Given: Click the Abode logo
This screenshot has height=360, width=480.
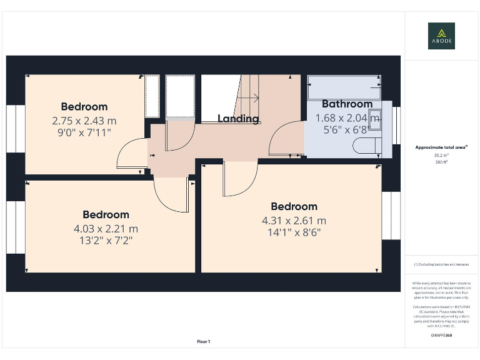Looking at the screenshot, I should [x=441, y=36].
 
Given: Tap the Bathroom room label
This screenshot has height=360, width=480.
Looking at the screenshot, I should [x=347, y=104].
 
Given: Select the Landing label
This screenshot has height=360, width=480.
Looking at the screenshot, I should [x=238, y=119].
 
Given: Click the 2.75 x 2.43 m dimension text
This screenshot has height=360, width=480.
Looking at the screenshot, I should [x=84, y=121].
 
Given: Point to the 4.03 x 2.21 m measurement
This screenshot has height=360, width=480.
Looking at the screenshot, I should [x=106, y=229].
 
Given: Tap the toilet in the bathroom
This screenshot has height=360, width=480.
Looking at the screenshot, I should [x=366, y=146].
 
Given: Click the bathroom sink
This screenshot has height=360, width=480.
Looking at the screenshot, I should [x=374, y=117].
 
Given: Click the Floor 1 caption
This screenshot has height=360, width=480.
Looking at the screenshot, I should [x=204, y=341].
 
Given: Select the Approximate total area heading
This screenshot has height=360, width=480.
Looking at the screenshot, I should [x=441, y=147].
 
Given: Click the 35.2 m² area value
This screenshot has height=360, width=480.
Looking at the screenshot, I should [x=441, y=156].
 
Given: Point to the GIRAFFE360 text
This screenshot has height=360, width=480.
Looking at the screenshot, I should [x=441, y=336].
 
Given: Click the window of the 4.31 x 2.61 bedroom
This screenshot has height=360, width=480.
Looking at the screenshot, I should [x=391, y=214].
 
